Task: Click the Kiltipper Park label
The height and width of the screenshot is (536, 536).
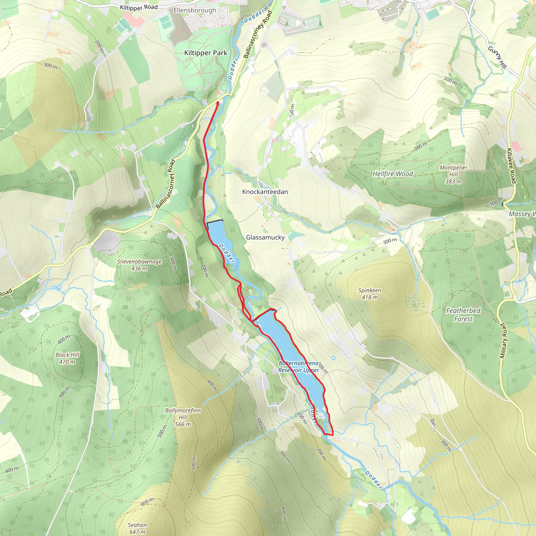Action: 205,53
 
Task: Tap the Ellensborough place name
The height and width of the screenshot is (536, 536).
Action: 194,10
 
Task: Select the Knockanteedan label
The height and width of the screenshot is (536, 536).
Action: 265,192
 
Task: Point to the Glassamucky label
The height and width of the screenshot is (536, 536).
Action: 265,237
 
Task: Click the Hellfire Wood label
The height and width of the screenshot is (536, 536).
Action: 393,174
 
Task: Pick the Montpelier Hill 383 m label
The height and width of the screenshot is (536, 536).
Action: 453,175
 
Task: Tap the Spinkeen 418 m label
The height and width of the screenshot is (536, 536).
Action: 370,294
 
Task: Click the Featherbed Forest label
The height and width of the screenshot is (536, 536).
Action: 463,315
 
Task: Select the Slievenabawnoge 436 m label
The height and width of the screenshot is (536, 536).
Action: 139,265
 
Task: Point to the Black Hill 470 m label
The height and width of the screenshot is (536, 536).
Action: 67,358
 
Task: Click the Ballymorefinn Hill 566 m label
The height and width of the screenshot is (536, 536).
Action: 183,417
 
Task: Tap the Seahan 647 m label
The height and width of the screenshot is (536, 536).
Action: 137,528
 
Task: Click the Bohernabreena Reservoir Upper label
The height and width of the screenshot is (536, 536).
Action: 299,366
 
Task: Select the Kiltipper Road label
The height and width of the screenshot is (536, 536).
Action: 139,7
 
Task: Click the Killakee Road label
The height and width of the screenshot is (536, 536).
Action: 511,166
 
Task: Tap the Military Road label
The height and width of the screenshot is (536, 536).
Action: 503,341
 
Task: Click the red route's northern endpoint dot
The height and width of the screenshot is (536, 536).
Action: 217,103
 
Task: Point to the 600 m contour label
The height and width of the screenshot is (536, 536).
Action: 147,502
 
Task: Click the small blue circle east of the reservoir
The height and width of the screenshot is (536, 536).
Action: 333,358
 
